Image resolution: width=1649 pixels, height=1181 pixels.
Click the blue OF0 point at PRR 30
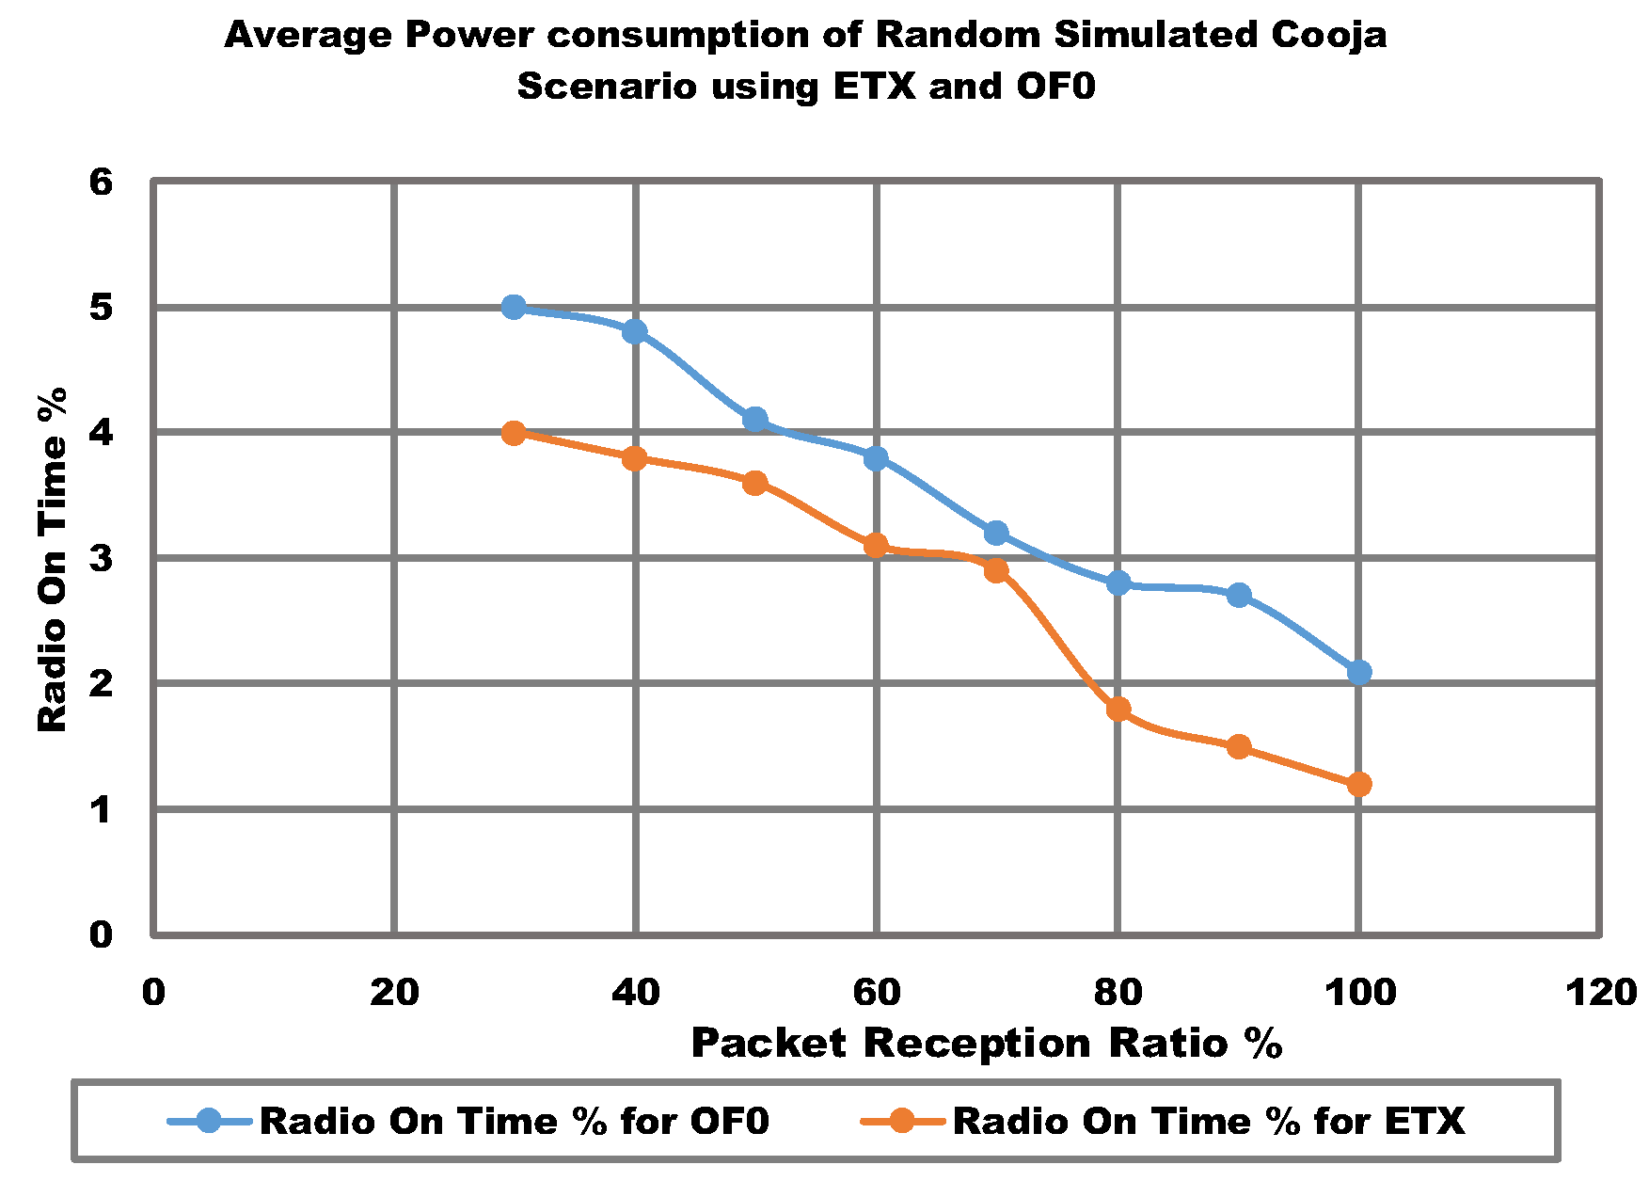pos(514,307)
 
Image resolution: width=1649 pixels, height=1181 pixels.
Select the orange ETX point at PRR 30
pos(514,433)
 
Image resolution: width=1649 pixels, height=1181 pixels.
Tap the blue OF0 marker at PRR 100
pos(1358,672)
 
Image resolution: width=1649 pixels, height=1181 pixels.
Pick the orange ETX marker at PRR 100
pos(1358,784)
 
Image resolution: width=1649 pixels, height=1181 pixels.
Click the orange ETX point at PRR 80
pos(1118,709)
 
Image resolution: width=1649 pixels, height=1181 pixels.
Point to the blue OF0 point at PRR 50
pos(754,420)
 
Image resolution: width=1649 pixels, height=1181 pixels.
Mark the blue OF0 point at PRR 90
pos(1239,595)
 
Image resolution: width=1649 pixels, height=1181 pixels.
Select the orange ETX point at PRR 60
pos(876,546)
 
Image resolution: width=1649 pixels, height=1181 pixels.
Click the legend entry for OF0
pos(514,1121)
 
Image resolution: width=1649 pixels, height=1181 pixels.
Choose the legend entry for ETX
pos(1209,1121)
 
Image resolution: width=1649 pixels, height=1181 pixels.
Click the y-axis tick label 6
pos(101,182)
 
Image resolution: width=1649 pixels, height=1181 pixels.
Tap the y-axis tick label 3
pos(101,558)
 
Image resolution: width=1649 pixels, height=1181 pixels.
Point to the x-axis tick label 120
pos(1599,992)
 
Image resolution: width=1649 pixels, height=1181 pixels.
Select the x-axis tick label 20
pos(394,992)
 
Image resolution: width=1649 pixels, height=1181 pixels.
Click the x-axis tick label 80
pos(1118,992)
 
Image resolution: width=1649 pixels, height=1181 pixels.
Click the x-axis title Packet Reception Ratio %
pos(987,1044)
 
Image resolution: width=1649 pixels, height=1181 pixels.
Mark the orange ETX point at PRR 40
pos(634,458)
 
